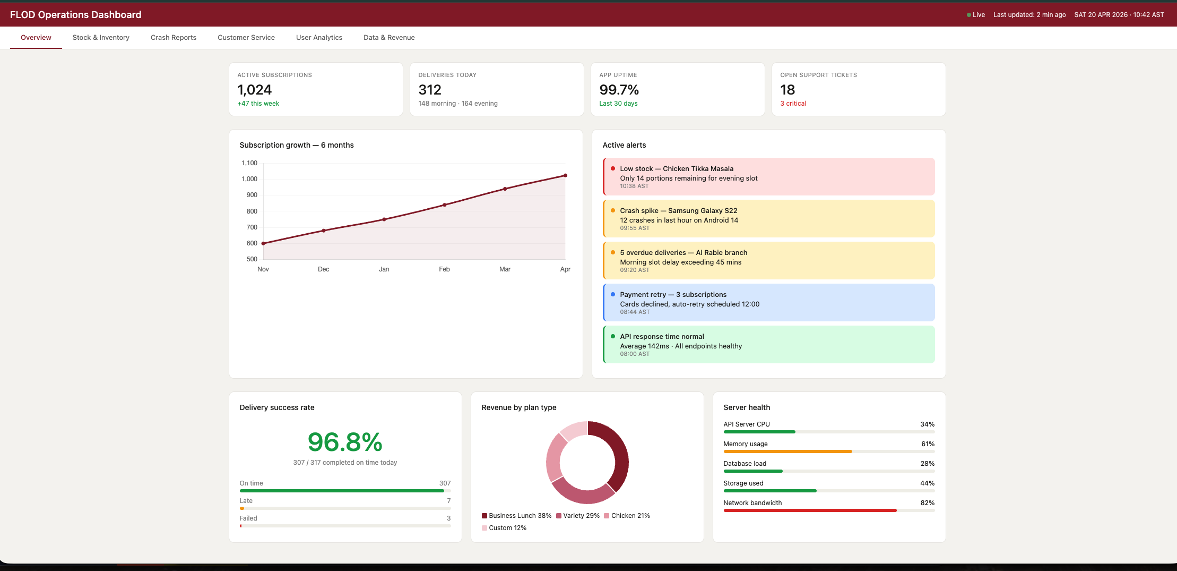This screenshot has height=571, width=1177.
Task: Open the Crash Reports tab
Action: pos(174,38)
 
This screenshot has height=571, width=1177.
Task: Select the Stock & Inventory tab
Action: pos(101,38)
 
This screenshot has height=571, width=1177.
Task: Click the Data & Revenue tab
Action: pos(389,38)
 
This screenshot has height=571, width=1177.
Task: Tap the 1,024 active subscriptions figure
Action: pos(255,90)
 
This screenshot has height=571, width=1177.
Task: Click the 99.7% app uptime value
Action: pos(619,90)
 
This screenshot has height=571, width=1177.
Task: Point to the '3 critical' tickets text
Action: pos(793,104)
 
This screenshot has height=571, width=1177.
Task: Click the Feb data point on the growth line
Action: pos(445,205)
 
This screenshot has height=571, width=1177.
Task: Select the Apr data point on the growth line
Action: pos(566,175)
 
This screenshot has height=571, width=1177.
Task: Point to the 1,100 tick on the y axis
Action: pos(249,163)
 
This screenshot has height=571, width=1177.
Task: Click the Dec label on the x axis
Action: pos(324,269)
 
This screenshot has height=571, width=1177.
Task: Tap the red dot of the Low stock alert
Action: pos(613,168)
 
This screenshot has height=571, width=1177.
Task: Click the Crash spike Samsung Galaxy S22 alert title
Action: pos(679,211)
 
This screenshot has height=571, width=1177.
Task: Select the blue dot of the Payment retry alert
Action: pos(613,294)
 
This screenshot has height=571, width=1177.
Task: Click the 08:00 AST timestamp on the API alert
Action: pos(635,354)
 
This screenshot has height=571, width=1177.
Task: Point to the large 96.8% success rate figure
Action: pos(345,442)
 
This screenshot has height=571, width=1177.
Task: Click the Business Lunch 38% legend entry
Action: pos(516,516)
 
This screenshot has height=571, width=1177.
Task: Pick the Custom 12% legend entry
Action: pos(504,528)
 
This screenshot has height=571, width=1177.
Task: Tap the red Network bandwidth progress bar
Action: pos(810,510)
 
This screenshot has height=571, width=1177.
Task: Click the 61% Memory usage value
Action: pos(928,444)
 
